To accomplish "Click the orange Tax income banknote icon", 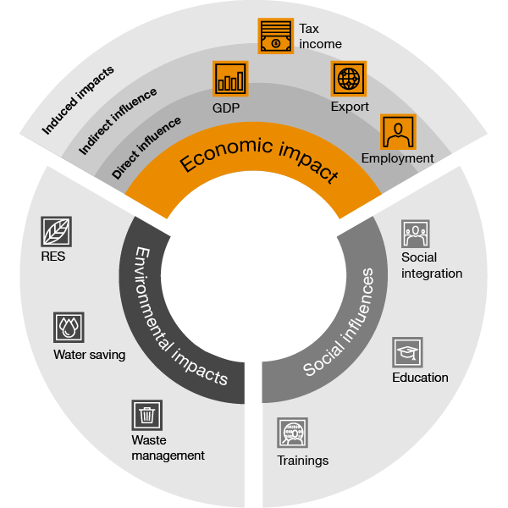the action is pyautogui.click(x=276, y=36).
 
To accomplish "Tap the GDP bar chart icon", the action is pyautogui.click(x=230, y=79).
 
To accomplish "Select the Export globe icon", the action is pyautogui.click(x=349, y=79).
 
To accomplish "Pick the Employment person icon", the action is pyautogui.click(x=398, y=132).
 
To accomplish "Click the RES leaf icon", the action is pyautogui.click(x=57, y=232).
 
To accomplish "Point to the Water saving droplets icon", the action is pyautogui.click(x=69, y=327).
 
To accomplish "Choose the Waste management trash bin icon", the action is pyautogui.click(x=147, y=415).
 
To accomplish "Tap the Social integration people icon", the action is pyautogui.click(x=416, y=234).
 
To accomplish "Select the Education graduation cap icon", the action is pyautogui.click(x=407, y=352).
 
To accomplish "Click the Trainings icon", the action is pyautogui.click(x=293, y=433).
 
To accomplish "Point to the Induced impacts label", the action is pyautogui.click(x=78, y=100).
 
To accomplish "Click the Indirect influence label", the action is pyautogui.click(x=118, y=121).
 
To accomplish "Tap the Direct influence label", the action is pyautogui.click(x=146, y=147).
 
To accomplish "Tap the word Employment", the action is pyautogui.click(x=398, y=158).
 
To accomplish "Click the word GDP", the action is pyautogui.click(x=226, y=108).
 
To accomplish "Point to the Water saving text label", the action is pyautogui.click(x=90, y=355).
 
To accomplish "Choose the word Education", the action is pyautogui.click(x=420, y=378).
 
